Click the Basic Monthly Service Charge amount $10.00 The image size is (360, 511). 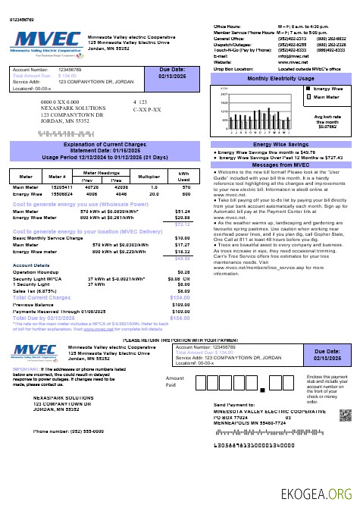(183, 238)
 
